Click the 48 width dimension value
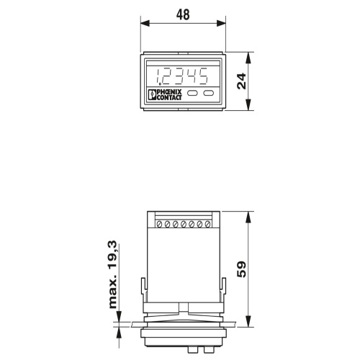[183, 14]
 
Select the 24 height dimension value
[241, 81]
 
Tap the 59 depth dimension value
[241, 269]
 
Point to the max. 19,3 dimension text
[113, 274]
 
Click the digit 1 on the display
[158, 76]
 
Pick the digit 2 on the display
[168, 76]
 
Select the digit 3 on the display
[180, 76]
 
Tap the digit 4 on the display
[192, 76]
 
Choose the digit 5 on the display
[202, 76]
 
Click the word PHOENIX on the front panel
[169, 92]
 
